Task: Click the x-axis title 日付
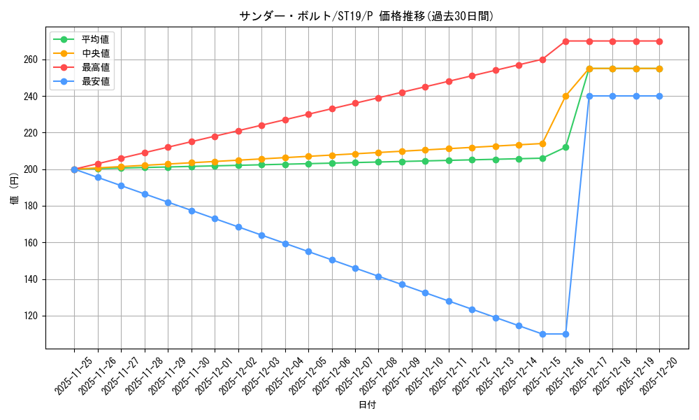[x=367, y=405]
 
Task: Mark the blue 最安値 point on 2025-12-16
[x=565, y=334]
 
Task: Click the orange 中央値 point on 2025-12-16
[x=565, y=96]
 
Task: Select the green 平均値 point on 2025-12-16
[x=565, y=147]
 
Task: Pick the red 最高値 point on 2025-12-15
[x=542, y=59]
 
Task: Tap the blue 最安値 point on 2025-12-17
[x=589, y=96]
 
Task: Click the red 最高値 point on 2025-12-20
[x=659, y=41]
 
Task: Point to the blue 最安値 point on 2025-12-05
[x=308, y=251]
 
